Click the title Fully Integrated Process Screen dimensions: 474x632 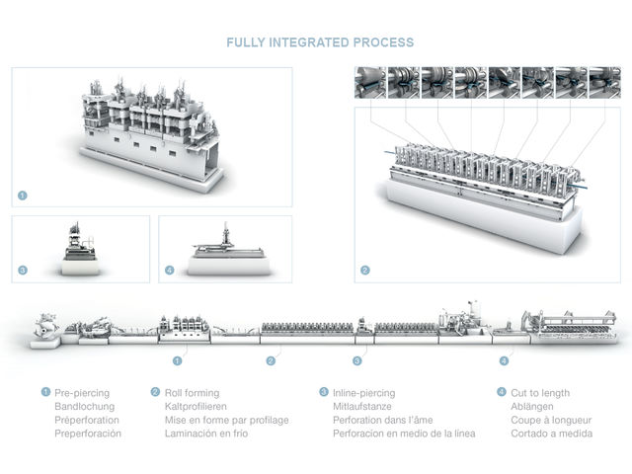pos(320,42)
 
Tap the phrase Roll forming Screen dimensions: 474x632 pos(192,393)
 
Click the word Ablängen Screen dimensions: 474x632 pos(534,406)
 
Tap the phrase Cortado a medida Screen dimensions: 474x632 pos(552,434)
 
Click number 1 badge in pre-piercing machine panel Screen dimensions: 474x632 pos(23,196)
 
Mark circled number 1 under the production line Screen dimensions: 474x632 pos(178,361)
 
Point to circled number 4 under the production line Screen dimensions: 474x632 pos(504,361)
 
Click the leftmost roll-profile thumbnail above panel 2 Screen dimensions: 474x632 pos(369,82)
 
